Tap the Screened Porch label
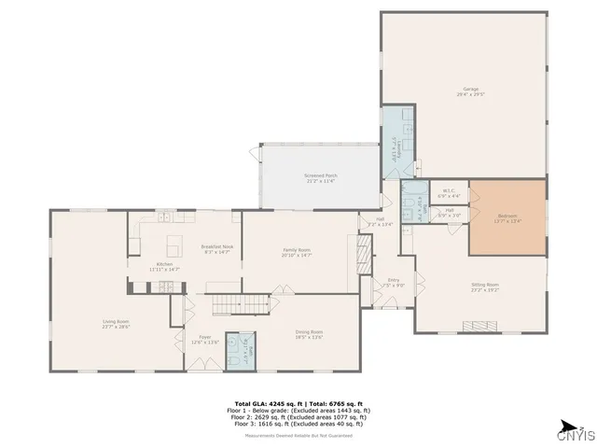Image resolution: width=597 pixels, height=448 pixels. click(x=320, y=177)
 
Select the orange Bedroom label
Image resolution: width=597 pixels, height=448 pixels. click(x=508, y=219)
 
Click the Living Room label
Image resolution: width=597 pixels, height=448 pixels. click(x=116, y=324)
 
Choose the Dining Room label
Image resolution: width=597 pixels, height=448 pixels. click(x=309, y=334)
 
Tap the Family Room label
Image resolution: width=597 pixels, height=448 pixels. click(x=297, y=252)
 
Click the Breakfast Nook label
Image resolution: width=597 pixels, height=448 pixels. click(x=216, y=249)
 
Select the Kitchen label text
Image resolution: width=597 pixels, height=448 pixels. click(x=164, y=266)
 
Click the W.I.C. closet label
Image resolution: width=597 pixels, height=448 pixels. click(x=448, y=193)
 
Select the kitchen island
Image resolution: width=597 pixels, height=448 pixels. click(x=174, y=246)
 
